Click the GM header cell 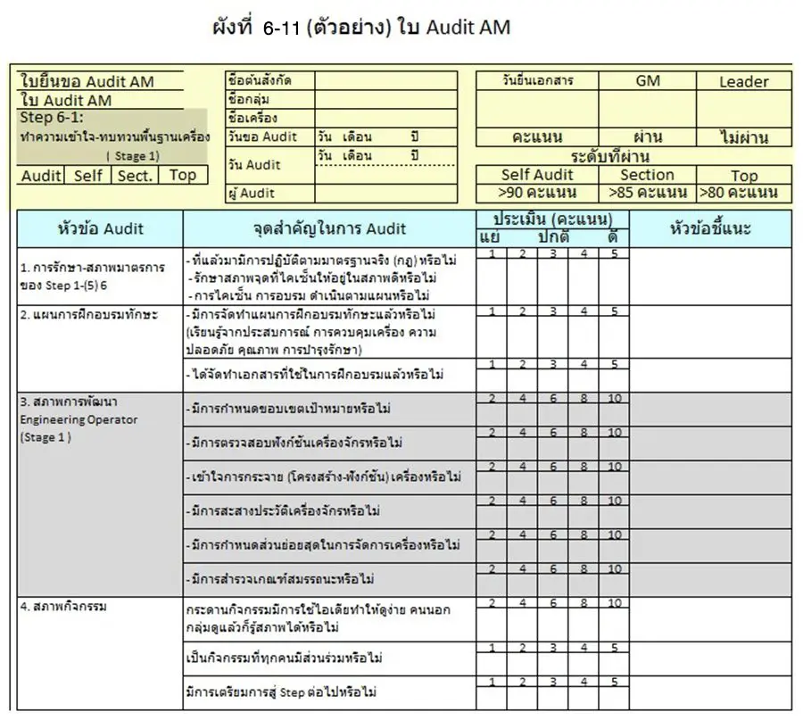click(x=648, y=81)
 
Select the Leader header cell click(x=743, y=82)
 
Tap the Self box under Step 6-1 click(x=87, y=175)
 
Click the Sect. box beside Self click(x=135, y=175)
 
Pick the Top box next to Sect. click(x=182, y=175)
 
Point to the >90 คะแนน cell click(x=537, y=193)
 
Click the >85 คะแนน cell click(x=648, y=193)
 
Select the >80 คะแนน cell click(x=743, y=193)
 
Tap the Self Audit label click(x=537, y=176)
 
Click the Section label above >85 click(x=648, y=176)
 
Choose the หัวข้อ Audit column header click(x=99, y=229)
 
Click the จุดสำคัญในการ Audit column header click(x=329, y=229)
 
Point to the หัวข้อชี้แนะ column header click(x=710, y=229)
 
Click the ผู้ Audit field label click(x=252, y=194)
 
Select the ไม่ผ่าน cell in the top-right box click(x=743, y=138)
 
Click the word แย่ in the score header click(x=490, y=237)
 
